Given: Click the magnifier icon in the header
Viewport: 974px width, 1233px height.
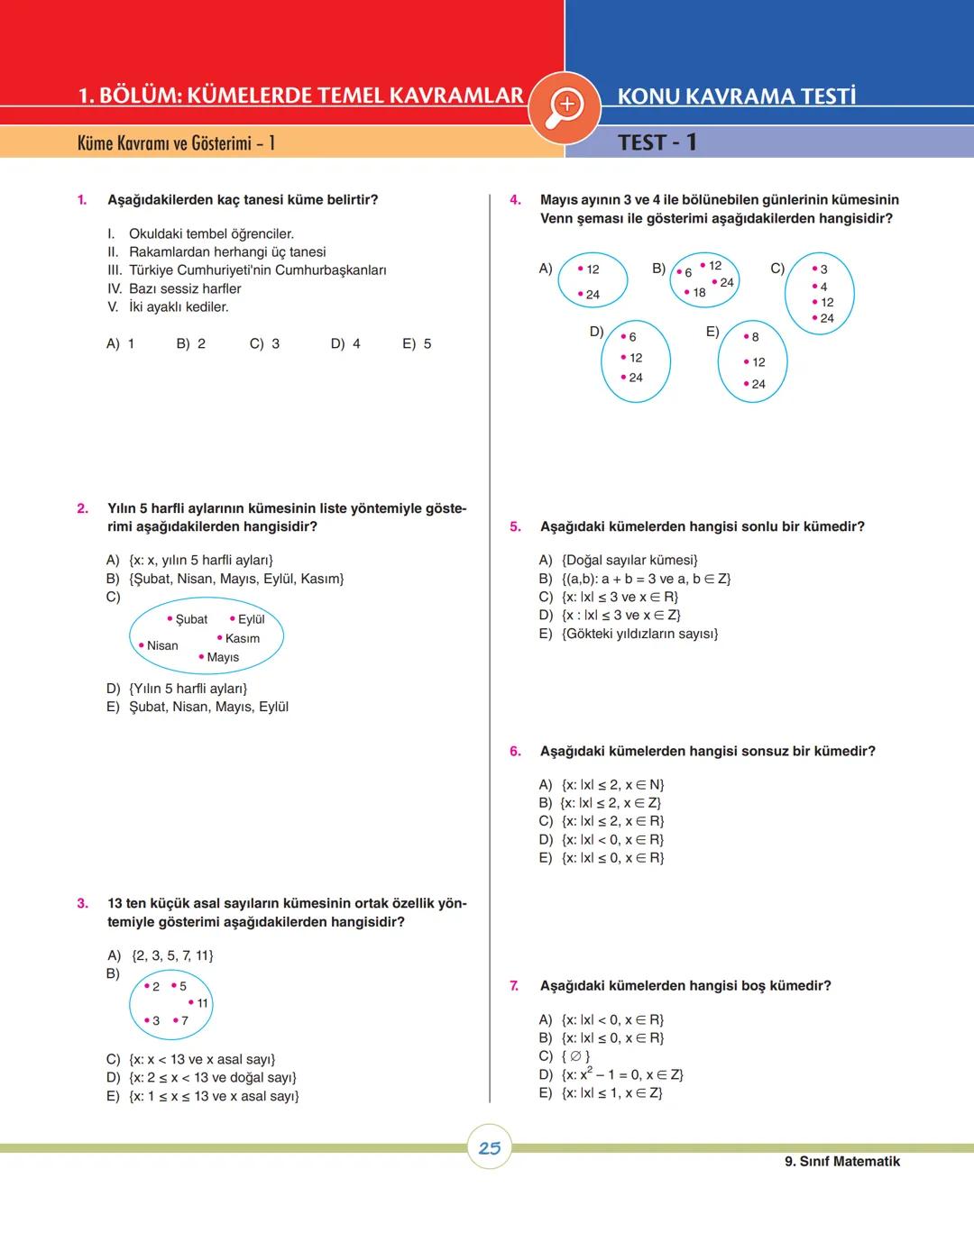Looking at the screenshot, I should (x=565, y=105).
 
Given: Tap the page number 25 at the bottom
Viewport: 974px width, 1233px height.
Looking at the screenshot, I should (x=490, y=1147).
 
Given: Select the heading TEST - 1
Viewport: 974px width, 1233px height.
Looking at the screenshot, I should (x=657, y=142).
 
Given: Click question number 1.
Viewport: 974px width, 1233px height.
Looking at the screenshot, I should (x=82, y=200).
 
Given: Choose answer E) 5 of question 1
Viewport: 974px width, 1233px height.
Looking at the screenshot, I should (x=417, y=343).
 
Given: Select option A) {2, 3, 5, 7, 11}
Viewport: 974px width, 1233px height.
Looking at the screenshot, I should (x=161, y=955).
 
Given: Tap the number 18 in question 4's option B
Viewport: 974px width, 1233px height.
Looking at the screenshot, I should (x=699, y=292).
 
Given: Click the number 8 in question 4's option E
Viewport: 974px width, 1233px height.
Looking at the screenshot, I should (x=755, y=337).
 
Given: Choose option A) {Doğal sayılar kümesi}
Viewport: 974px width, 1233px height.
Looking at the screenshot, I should (x=619, y=560).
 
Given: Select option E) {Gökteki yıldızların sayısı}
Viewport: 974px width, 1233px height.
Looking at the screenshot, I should (x=629, y=634).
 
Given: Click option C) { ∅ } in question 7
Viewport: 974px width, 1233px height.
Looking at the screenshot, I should (x=565, y=1056).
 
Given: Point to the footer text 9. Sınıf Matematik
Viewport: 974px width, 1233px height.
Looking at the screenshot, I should (x=842, y=1162).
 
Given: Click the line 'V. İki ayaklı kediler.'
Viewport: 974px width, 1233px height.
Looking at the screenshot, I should (x=169, y=307).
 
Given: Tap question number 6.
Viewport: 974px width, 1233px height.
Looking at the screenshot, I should (x=515, y=751).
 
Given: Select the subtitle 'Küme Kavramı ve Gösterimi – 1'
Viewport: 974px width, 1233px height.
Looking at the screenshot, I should (x=176, y=142).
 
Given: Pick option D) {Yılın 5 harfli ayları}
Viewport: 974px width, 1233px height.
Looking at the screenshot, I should (x=177, y=689).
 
